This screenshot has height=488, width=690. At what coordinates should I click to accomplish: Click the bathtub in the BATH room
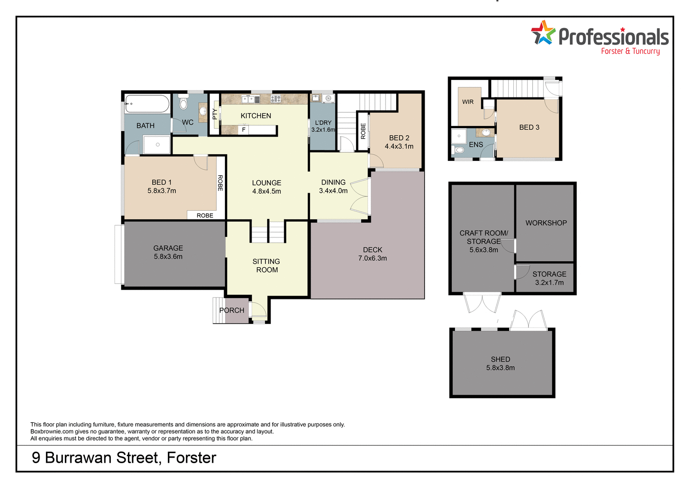(147, 104)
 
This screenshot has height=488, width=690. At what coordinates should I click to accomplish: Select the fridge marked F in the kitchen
(244, 130)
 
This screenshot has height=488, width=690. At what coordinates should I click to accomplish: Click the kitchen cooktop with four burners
(276, 98)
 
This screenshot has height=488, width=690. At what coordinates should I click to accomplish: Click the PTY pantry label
(214, 114)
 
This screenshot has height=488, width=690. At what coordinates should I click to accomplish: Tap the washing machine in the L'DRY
(328, 98)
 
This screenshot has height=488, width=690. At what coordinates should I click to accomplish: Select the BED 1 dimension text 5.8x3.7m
(161, 191)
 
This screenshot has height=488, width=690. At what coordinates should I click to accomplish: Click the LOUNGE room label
(266, 183)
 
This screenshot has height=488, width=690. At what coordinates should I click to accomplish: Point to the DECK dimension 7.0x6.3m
(372, 258)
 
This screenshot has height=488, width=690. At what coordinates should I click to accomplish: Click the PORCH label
(232, 310)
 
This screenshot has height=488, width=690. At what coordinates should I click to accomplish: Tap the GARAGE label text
(168, 248)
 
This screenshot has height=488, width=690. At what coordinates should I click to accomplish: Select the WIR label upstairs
(468, 102)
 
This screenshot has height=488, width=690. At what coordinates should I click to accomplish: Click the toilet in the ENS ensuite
(459, 149)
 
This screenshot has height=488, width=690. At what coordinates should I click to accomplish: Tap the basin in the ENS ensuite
(485, 133)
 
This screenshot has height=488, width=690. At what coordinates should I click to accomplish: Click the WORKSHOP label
(546, 223)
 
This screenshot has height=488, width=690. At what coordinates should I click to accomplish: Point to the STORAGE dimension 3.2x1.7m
(549, 283)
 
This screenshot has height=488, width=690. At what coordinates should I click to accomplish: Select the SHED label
(500, 359)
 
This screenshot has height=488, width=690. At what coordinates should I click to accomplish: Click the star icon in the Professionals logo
(543, 33)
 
